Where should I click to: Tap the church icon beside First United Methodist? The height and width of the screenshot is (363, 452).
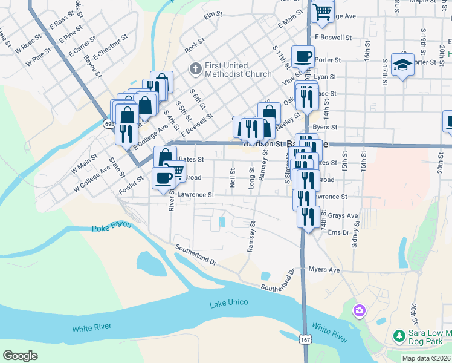(195, 69)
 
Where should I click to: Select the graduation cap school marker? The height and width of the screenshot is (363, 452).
(402, 64)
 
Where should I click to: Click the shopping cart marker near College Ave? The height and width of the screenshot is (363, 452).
(322, 10)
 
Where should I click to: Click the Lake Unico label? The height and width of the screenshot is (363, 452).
(229, 302)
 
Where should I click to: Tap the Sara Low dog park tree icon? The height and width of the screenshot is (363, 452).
(399, 335)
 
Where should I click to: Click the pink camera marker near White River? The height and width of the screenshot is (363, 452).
(360, 311)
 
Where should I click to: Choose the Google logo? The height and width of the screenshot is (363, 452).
(21, 356)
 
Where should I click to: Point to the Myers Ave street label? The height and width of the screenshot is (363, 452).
(324, 269)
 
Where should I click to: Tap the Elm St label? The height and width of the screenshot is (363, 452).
(210, 15)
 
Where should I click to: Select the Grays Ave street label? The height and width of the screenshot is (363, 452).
(343, 215)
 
